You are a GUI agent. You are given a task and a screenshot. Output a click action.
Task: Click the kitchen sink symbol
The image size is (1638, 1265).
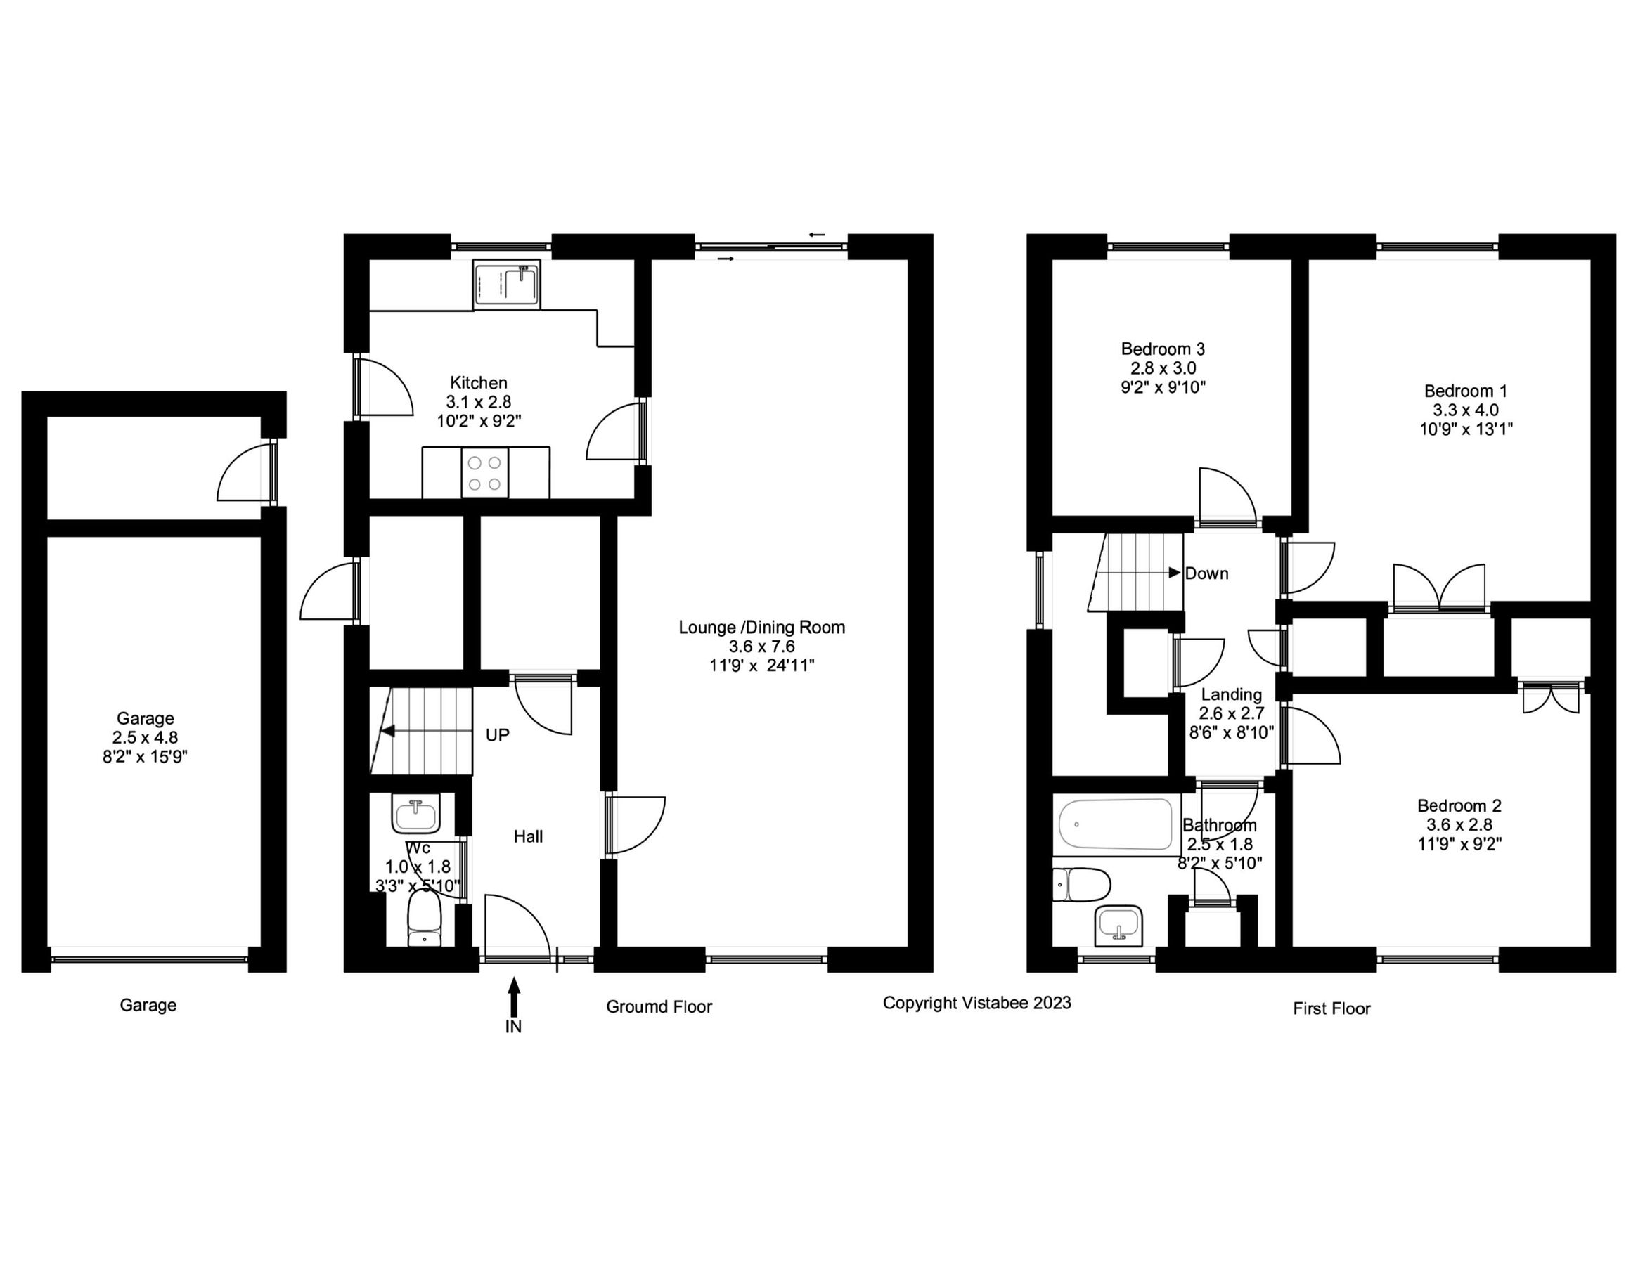[x=506, y=284]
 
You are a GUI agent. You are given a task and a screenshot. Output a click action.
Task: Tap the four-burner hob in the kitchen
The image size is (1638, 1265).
[x=484, y=474]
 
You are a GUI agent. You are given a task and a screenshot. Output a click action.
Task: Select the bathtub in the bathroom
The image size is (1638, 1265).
[x=1115, y=824]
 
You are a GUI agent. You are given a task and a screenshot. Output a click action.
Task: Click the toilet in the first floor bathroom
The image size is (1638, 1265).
[x=1081, y=885]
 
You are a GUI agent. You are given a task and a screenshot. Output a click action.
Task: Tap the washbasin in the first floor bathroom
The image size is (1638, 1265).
[x=1118, y=927]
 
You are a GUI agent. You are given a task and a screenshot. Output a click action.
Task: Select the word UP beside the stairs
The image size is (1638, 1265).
[x=497, y=736]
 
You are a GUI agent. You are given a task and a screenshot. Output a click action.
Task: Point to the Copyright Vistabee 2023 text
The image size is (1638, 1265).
[x=976, y=1004]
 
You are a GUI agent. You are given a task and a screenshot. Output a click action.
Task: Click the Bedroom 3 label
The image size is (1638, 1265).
[x=1163, y=349]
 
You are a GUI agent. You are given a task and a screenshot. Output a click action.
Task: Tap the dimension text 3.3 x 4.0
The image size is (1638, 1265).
[x=1466, y=410]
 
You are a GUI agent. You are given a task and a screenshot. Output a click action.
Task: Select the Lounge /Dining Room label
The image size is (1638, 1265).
[x=761, y=627]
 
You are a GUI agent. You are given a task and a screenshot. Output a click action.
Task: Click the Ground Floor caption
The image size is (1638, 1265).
[x=659, y=1007]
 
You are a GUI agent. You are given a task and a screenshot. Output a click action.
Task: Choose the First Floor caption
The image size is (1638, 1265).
[x=1331, y=1009]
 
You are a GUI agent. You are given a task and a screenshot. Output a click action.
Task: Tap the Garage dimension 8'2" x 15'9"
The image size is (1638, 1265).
[x=145, y=757]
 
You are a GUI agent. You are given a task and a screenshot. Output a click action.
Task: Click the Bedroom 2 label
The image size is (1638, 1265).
[x=1459, y=806]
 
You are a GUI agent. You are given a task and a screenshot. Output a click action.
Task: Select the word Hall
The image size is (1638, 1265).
[x=528, y=837]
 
